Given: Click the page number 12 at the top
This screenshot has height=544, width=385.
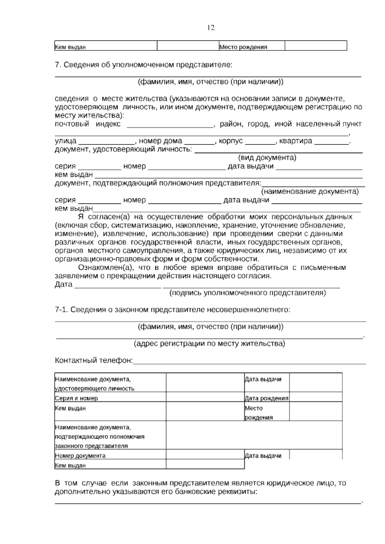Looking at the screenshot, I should coord(211,28).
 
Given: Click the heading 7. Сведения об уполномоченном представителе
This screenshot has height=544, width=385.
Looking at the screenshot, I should coord(143,65).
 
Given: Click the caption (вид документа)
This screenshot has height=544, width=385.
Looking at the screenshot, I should coord(267,158).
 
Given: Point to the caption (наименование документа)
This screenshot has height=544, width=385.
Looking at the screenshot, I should coord(310,191).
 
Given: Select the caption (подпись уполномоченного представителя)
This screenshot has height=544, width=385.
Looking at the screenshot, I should coord(247,293).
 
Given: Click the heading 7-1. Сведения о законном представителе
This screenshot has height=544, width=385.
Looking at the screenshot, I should coord(173,310).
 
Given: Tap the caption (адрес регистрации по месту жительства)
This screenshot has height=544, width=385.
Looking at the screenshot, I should coord(209,344).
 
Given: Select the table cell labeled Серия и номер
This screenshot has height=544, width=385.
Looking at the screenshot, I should coord(76,398).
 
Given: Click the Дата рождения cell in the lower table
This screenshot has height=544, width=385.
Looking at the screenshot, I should coord(266,398).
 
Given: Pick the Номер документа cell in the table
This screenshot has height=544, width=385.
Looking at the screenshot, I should coord(80,455).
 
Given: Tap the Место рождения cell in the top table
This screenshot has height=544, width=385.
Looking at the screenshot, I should coord(243,47).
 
